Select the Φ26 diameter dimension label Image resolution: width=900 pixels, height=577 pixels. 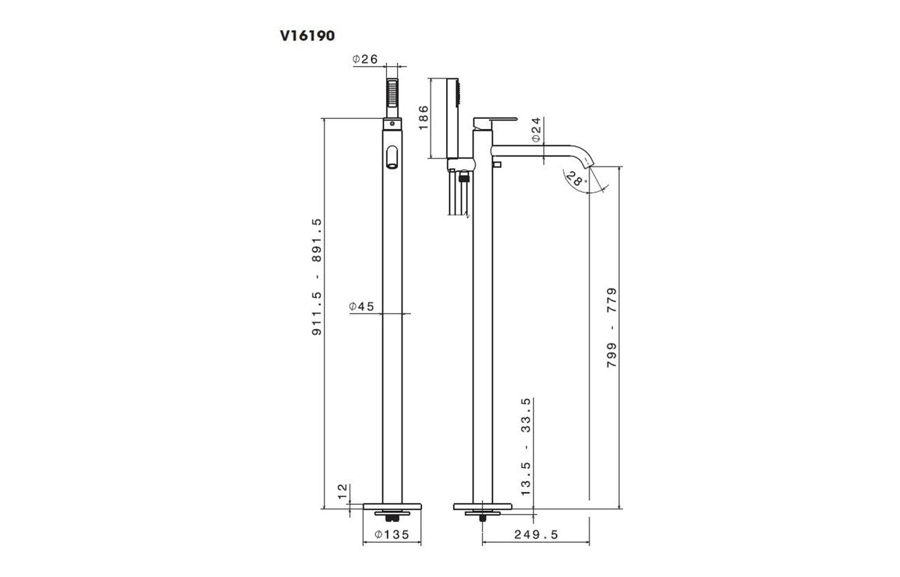click(x=364, y=60)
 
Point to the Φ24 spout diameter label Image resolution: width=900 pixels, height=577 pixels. click(x=536, y=130)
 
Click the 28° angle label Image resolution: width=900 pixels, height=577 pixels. click(x=574, y=180)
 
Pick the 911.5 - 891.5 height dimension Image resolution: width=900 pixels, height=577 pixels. click(x=317, y=278)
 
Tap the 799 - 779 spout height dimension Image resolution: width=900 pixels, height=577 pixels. click(x=611, y=328)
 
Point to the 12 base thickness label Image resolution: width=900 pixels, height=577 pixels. click(x=342, y=491)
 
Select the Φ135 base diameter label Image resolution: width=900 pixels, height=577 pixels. click(x=392, y=534)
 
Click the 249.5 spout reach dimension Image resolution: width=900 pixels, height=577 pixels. click(x=536, y=534)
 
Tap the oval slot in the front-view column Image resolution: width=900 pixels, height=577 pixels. click(x=392, y=156)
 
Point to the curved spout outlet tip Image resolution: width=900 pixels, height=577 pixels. click(x=589, y=166)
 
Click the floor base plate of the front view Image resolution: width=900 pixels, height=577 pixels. click(x=392, y=506)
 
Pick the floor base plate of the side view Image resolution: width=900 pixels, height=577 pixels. click(x=482, y=506)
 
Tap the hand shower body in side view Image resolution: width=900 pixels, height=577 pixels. click(x=449, y=117)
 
